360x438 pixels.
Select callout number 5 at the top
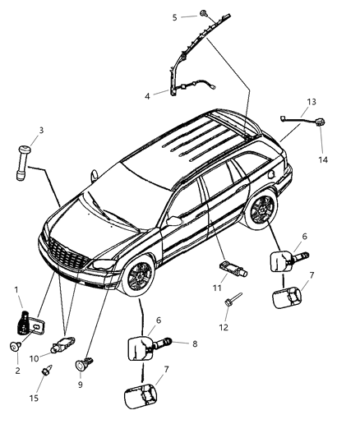tap(174, 16)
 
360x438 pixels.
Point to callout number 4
tap(147, 96)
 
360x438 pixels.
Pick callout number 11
tap(217, 288)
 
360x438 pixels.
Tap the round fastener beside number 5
tap(200, 15)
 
